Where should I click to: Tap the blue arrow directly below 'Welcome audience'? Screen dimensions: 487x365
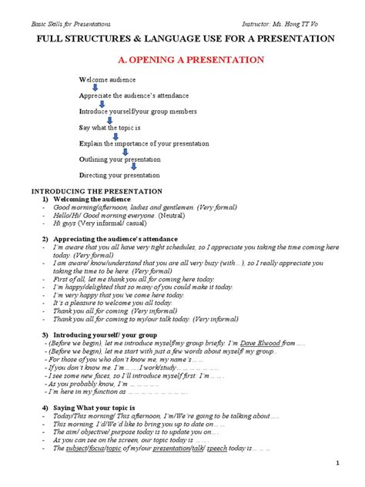coord(95,88)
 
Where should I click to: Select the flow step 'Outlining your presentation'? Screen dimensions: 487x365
coord(120,160)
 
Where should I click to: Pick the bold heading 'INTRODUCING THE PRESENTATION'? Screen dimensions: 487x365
coord(95,190)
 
